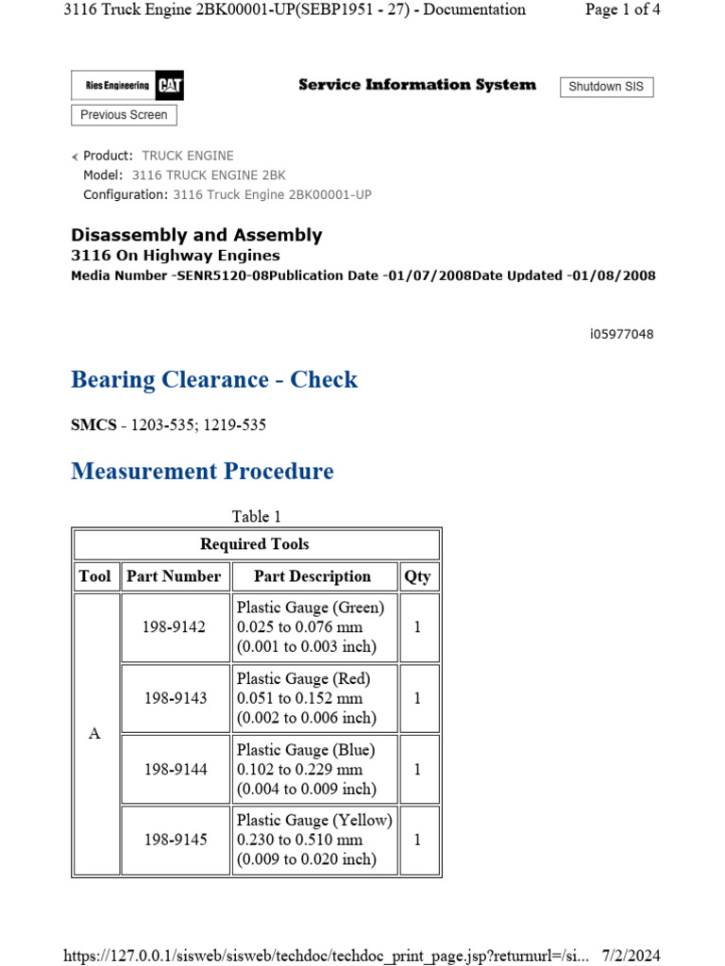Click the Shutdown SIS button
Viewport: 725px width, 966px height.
pyautogui.click(x=606, y=87)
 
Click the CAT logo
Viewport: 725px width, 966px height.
pyautogui.click(x=170, y=86)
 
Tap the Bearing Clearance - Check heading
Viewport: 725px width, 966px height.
pyautogui.click(x=214, y=380)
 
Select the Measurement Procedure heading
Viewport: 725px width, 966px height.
pyautogui.click(x=202, y=471)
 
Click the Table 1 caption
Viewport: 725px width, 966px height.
pyautogui.click(x=257, y=516)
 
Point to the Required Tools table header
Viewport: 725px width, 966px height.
pyautogui.click(x=255, y=544)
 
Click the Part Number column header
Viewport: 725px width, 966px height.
pyautogui.click(x=174, y=576)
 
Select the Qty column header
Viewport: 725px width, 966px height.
pyautogui.click(x=416, y=576)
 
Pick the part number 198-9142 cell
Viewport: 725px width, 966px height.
pyautogui.click(x=175, y=627)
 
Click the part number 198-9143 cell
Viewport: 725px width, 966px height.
pyautogui.click(x=175, y=698)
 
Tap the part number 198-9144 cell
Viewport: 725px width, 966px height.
pyautogui.click(x=175, y=769)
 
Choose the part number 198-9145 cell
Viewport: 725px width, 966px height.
pyautogui.click(x=175, y=840)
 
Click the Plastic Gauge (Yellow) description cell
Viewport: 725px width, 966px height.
pyautogui.click(x=314, y=840)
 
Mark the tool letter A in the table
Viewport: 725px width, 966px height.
pyautogui.click(x=94, y=734)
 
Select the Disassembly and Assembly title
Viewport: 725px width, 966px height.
pyautogui.click(x=196, y=235)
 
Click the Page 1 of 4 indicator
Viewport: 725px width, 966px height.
pyautogui.click(x=622, y=9)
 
